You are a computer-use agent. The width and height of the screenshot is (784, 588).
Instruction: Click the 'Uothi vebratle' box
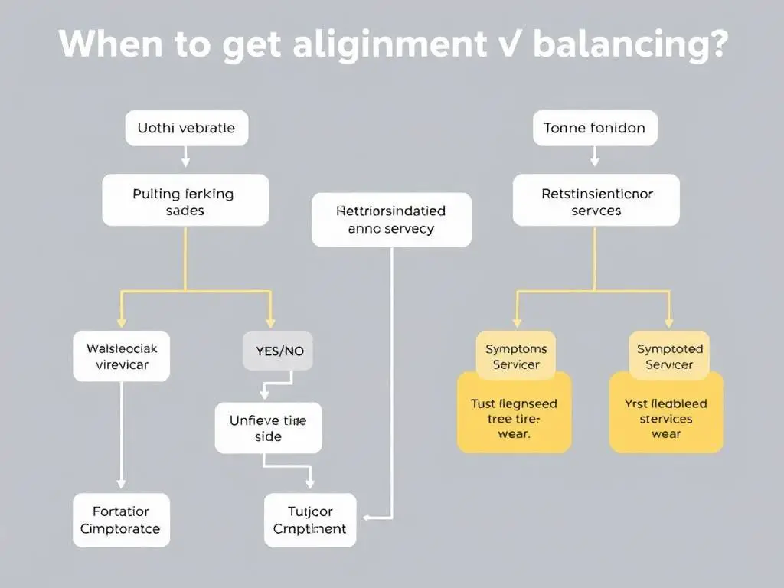(186, 128)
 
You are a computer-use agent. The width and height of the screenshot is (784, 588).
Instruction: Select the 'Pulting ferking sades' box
(185, 201)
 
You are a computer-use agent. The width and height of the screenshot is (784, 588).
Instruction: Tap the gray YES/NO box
(278, 351)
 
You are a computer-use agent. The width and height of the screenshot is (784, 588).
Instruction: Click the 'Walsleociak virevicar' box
(121, 356)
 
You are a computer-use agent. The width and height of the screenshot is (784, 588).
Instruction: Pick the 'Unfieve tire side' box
(268, 428)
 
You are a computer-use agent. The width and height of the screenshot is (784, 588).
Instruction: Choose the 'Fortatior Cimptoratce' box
(121, 520)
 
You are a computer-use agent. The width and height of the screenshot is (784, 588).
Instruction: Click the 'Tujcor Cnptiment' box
(310, 520)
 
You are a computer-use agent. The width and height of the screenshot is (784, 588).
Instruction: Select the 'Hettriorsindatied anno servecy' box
(391, 219)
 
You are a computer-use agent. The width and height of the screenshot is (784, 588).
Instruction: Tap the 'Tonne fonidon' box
(594, 128)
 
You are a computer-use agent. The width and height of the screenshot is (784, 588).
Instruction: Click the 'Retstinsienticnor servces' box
(596, 201)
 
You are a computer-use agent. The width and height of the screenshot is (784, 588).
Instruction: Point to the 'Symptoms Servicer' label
(516, 357)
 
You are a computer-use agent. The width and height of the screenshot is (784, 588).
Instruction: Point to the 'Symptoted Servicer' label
(669, 357)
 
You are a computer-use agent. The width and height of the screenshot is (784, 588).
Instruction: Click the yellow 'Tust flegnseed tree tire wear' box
(514, 418)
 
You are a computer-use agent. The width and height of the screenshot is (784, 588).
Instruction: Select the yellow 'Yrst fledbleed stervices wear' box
(666, 418)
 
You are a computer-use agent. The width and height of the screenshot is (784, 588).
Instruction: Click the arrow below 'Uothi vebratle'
(185, 157)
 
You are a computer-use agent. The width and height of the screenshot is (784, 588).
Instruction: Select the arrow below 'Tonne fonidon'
(594, 157)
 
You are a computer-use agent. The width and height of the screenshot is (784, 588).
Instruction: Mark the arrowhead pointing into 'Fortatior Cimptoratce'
(121, 484)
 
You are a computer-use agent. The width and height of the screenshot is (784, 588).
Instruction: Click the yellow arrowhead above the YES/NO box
(270, 322)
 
